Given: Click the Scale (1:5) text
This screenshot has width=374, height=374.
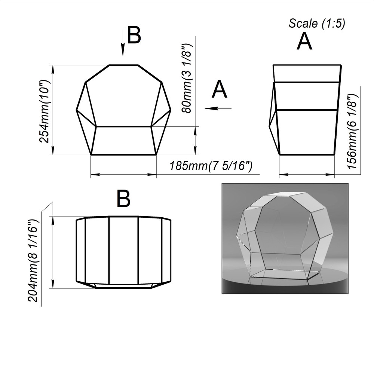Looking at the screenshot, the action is coord(317,24).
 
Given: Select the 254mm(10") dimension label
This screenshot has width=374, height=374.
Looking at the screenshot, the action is coord(45,111).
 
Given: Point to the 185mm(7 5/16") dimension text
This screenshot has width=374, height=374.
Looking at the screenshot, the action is coord(211,166).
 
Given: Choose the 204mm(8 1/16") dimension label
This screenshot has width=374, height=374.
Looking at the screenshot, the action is coord(33,261).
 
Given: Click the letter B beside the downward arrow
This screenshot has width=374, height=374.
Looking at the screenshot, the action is coord(134,35).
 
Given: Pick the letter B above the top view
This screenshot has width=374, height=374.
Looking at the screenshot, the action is coord(123,199).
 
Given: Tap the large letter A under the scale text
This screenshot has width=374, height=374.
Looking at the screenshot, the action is coord(304,41).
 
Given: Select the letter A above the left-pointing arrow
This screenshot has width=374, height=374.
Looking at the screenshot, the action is coord(220,89).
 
